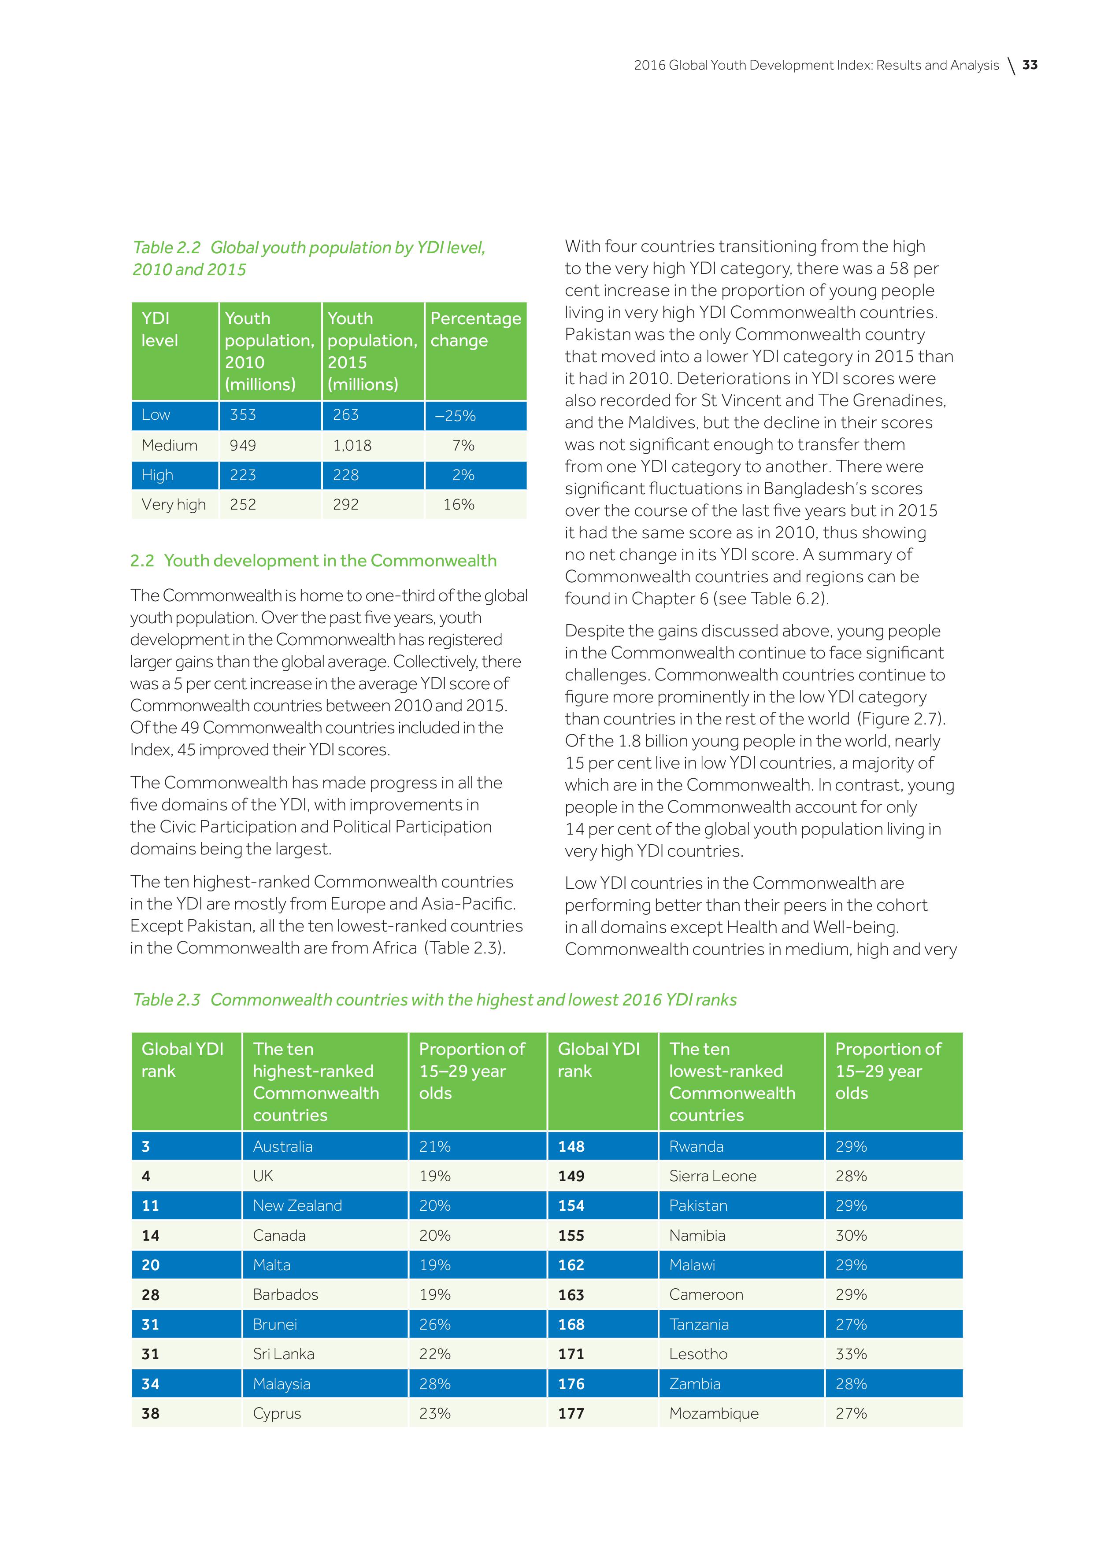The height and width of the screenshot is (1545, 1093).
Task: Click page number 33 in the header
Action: click(1030, 65)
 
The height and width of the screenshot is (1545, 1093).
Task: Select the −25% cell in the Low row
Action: click(456, 416)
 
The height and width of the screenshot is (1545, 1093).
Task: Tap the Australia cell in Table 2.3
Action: click(283, 1146)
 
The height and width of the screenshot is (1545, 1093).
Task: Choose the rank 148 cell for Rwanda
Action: click(571, 1146)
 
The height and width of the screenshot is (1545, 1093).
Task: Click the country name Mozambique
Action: click(713, 1413)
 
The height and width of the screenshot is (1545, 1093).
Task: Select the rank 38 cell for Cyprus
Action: click(151, 1413)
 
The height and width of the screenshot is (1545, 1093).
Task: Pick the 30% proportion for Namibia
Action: click(851, 1235)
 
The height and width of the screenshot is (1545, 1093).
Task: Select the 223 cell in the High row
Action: click(243, 475)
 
